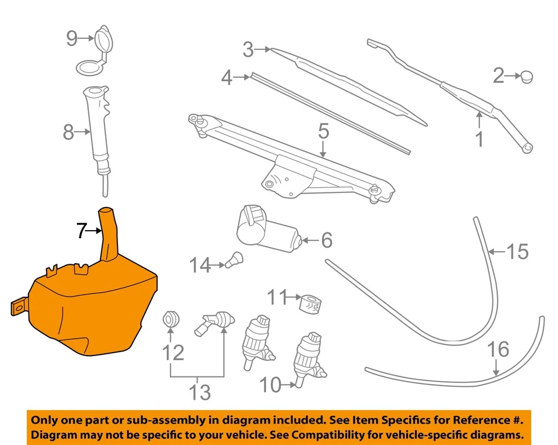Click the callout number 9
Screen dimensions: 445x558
72,38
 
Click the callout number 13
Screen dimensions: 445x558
199,393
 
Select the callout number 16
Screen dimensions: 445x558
498,349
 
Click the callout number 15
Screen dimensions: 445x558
517,252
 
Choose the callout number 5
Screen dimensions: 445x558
323,131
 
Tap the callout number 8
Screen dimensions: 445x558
69,133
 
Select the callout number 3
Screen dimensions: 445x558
248,50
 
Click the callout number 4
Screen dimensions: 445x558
226,78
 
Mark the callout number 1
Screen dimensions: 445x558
480,139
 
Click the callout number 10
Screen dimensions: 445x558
270,384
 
